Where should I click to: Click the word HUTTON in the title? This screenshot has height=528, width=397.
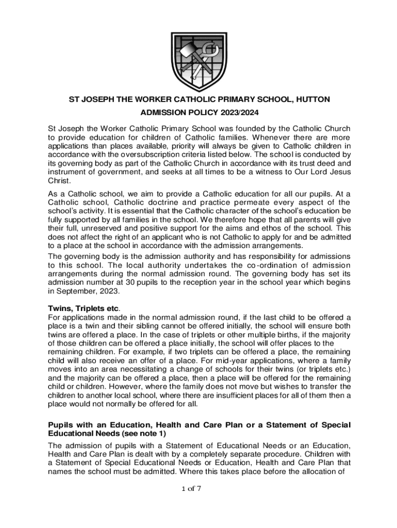pyautogui.click(x=310, y=98)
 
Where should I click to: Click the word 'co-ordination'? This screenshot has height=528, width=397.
pyautogui.click(x=275, y=265)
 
